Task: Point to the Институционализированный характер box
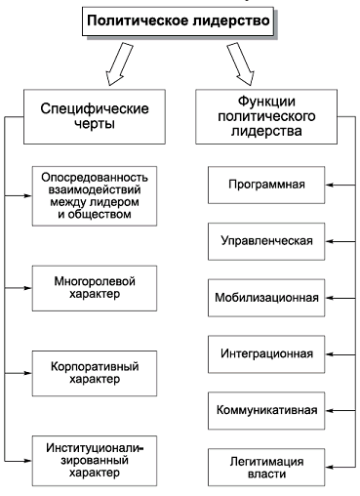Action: [94, 458]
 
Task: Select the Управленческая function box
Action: [266, 239]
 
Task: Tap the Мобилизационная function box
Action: [266, 296]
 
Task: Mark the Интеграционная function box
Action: [266, 352]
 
